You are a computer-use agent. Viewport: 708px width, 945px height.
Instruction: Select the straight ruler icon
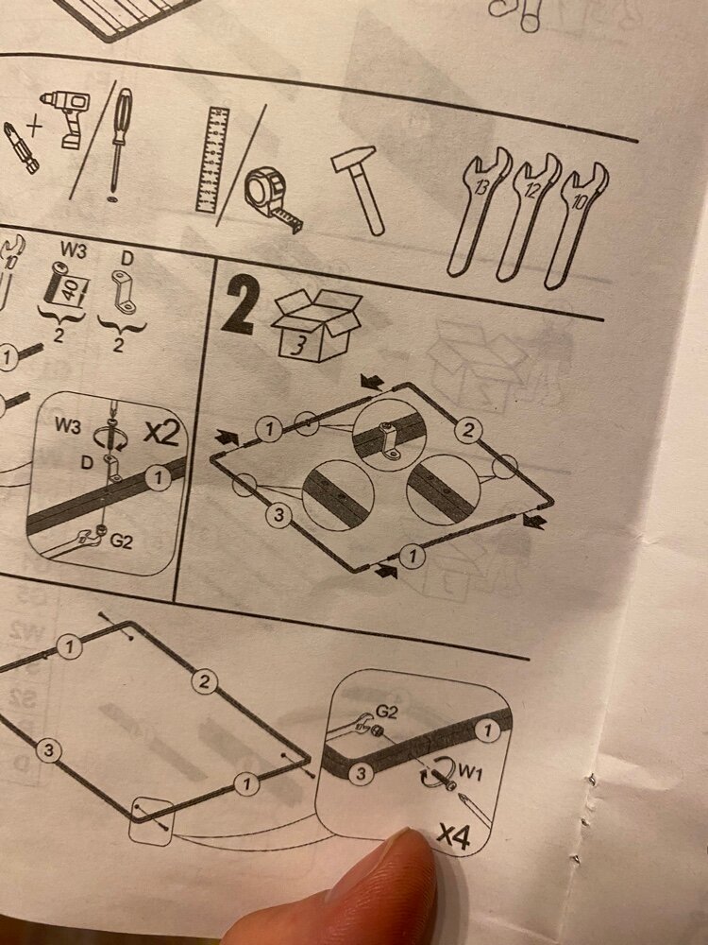pyautogui.click(x=212, y=159)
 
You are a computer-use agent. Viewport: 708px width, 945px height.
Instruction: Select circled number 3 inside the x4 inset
pyautogui.click(x=359, y=773)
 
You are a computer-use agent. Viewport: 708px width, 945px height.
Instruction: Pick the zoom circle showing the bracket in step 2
pyautogui.click(x=387, y=437)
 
